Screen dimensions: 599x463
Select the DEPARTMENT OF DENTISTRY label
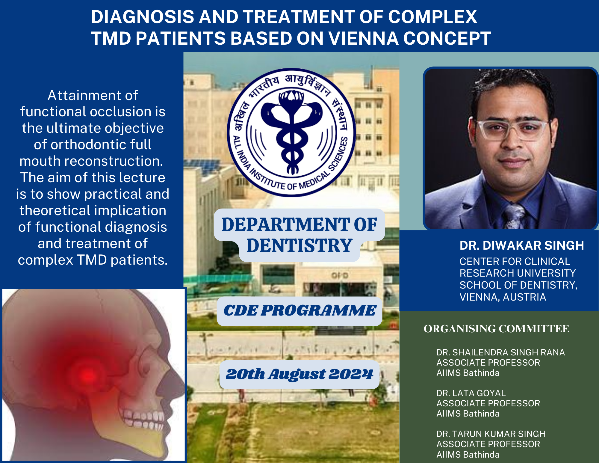[x=299, y=235]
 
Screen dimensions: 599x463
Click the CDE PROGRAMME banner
[x=299, y=310]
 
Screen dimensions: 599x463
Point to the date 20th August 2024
[x=299, y=374]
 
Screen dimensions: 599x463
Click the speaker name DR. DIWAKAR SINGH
[x=522, y=245]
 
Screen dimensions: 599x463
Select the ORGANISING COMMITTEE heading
[x=496, y=329]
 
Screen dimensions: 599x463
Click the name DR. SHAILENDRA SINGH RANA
[x=500, y=352]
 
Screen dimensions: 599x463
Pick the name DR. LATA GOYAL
[x=471, y=393]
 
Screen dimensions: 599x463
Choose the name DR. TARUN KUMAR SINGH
[x=491, y=434]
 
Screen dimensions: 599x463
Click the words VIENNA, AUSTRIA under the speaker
[x=503, y=297]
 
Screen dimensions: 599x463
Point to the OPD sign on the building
[x=340, y=275]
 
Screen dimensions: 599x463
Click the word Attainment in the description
[x=93, y=96]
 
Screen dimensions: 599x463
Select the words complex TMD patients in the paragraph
[x=93, y=260]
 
